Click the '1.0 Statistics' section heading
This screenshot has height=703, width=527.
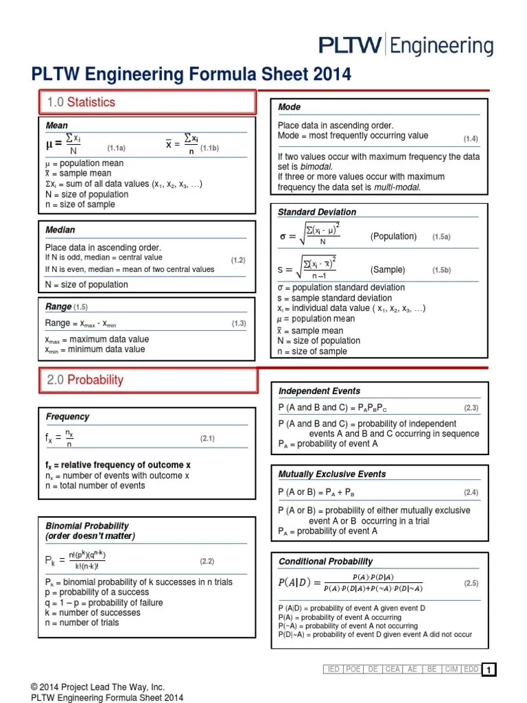(x=81, y=102)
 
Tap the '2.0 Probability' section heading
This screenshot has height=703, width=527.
(x=85, y=380)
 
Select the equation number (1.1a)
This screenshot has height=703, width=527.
(x=116, y=148)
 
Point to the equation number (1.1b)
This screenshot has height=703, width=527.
(x=209, y=148)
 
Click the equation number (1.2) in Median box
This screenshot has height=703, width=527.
(x=238, y=260)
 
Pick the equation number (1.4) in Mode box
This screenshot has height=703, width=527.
(x=470, y=139)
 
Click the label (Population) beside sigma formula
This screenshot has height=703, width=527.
(x=393, y=236)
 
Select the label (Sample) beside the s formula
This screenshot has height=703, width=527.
(x=388, y=270)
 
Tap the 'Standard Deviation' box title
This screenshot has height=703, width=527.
(x=316, y=212)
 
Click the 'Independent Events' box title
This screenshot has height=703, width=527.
(x=319, y=391)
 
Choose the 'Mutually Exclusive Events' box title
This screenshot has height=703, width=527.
(x=332, y=474)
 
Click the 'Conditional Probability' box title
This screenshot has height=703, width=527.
(x=325, y=561)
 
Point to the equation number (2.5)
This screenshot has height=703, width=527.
(x=470, y=583)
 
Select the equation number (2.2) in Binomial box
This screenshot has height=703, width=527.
(x=207, y=561)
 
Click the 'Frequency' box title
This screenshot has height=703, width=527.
(x=67, y=416)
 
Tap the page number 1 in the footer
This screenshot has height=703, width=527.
(x=489, y=670)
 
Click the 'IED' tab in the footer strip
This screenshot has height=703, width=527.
(x=333, y=669)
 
